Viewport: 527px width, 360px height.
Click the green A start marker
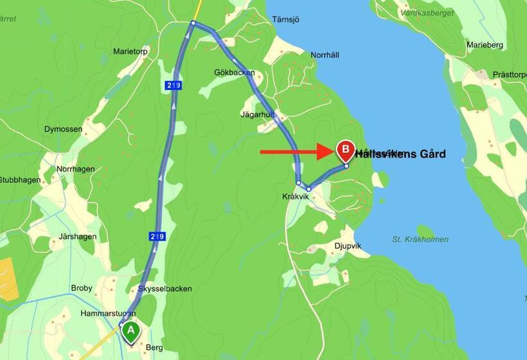[x=131, y=332]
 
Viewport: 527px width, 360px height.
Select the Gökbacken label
[x=235, y=73]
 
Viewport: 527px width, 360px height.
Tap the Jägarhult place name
[x=258, y=114]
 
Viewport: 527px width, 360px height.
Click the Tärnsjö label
[x=287, y=19]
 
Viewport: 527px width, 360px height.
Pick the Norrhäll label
[x=325, y=55]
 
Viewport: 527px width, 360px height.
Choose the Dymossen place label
[x=63, y=129]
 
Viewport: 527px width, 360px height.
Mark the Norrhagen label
[x=75, y=169]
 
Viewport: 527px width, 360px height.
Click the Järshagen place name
[x=77, y=237]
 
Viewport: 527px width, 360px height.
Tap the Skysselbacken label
[x=165, y=289]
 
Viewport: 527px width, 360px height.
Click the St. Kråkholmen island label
[x=420, y=239]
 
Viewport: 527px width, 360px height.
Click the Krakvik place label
[x=296, y=197]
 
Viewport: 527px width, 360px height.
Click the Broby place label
[x=82, y=288]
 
